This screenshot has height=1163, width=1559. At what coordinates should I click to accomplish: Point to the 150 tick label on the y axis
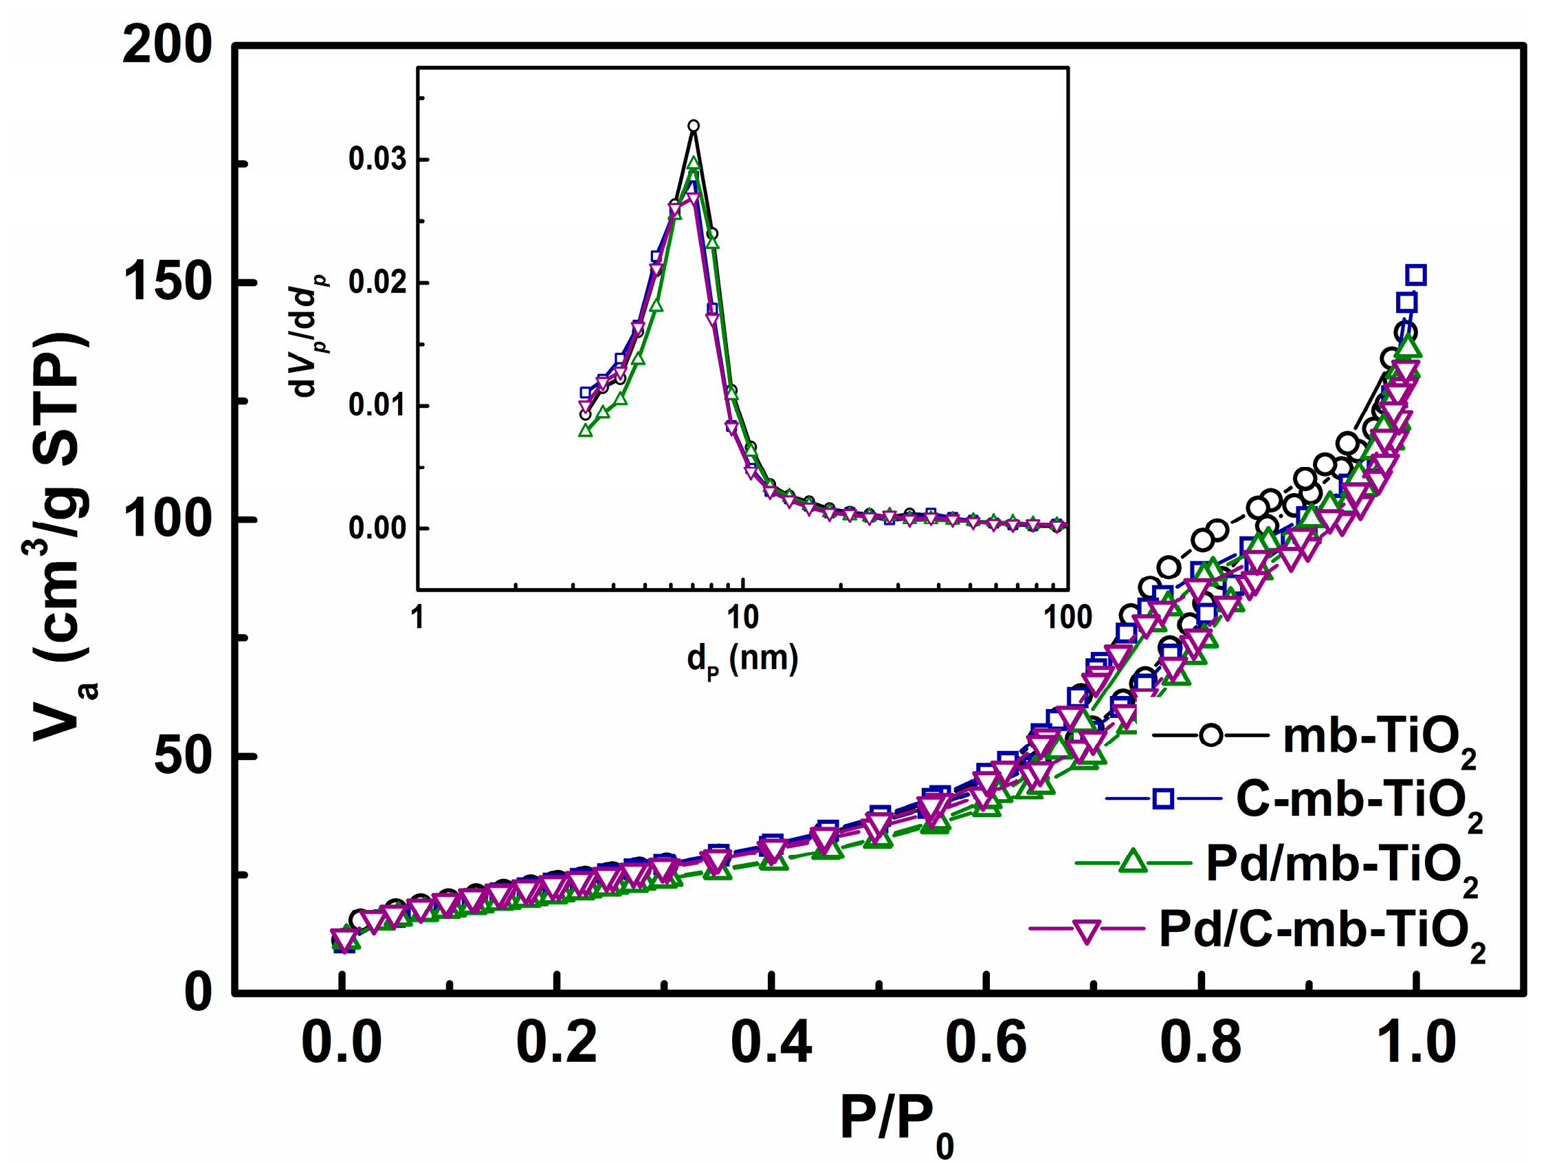[x=167, y=282]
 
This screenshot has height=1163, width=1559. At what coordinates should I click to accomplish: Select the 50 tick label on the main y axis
[x=182, y=756]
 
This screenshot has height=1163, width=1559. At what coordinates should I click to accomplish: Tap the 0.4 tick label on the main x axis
[x=771, y=1043]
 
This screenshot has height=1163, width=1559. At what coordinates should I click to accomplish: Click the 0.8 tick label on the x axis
[x=1200, y=1043]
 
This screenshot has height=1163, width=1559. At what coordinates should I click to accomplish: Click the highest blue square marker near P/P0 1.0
[x=1415, y=274]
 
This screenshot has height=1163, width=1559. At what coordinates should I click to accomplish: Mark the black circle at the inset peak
[x=693, y=126]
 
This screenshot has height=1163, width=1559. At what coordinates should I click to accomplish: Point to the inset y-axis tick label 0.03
[x=377, y=160]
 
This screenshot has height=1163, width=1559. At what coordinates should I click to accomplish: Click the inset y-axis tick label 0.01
[x=377, y=406]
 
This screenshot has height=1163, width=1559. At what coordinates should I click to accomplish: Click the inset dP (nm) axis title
[x=742, y=660]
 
